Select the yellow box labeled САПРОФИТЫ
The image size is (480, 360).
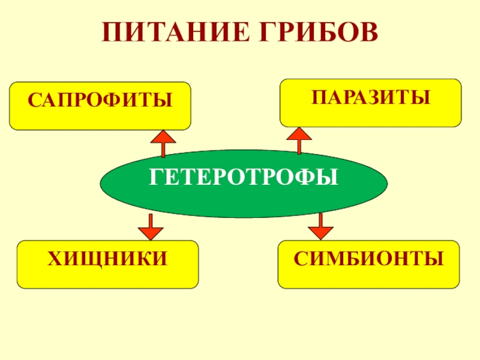[100, 107]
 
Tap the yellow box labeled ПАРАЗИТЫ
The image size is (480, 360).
[371, 103]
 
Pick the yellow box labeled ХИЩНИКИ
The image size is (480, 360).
[107, 265]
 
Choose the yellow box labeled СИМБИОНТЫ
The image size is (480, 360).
[368, 265]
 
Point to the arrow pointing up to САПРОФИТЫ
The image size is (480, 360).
[163, 145]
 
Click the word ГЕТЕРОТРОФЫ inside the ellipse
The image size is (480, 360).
[244, 178]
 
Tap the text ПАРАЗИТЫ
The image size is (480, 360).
[371, 96]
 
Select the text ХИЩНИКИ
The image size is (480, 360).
[107, 258]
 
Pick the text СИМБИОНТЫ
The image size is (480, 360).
[368, 258]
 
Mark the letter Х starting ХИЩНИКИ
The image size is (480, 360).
[54, 258]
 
